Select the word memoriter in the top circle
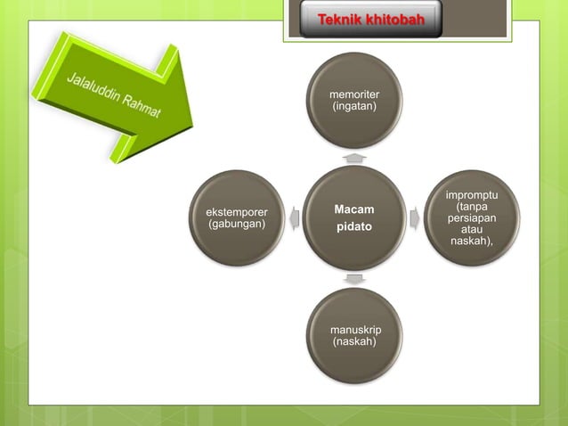(354, 94)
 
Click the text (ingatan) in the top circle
(354, 107)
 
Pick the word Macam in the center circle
(353, 209)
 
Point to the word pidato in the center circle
(353, 227)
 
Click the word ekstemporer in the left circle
(237, 212)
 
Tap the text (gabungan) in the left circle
(237, 224)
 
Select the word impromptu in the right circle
(472, 194)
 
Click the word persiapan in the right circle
(472, 217)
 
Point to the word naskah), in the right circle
(472, 242)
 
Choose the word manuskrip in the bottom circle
(355, 330)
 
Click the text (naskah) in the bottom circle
(353, 341)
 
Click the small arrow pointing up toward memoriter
(354, 157)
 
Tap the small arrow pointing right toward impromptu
(414, 216)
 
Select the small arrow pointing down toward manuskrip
(354, 279)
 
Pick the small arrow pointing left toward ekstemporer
(295, 217)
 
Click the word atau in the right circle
(472, 229)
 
